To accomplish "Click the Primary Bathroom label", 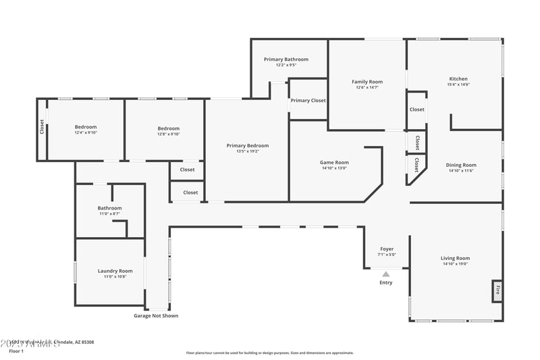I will tap(282, 59).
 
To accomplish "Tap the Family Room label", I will tap(367, 82).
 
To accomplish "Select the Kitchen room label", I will tap(458, 79).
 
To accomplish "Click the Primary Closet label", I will tap(308, 101).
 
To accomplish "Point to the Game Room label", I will tap(334, 162).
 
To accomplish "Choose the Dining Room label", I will tap(461, 165).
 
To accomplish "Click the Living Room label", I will tap(455, 258).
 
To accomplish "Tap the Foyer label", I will tap(386, 249).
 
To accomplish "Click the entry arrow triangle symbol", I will tap(386, 274).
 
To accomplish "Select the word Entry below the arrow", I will tap(386, 282).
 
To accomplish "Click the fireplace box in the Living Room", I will tap(497, 291).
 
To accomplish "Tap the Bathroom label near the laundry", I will tap(109, 208).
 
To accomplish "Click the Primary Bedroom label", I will tap(248, 145).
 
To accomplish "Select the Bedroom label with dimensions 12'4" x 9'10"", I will tap(86, 127).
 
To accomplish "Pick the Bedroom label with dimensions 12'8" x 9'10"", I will tap(169, 128).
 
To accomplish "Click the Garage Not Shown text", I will tap(156, 315).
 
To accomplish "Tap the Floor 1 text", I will tap(16, 351).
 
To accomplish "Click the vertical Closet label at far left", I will tap(42, 126).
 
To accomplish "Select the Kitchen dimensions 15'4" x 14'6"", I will tap(458, 84).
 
